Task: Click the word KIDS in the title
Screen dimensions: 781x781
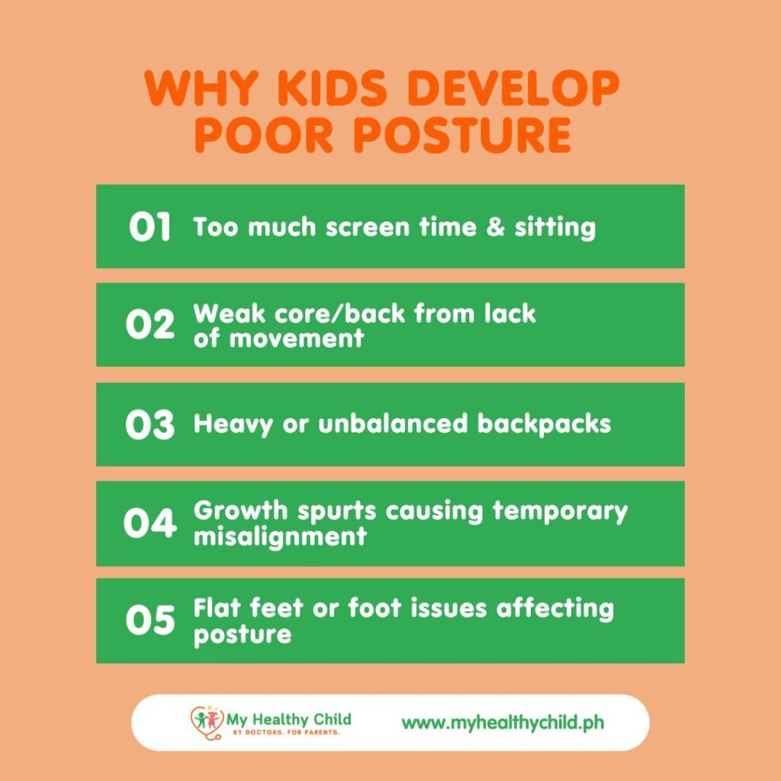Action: click(x=332, y=88)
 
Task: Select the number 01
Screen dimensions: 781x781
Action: click(x=149, y=227)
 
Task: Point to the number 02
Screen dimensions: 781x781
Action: click(x=150, y=324)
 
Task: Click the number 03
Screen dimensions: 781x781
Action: click(x=150, y=425)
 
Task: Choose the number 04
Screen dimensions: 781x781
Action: click(x=150, y=523)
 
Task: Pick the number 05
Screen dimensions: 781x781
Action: click(x=150, y=620)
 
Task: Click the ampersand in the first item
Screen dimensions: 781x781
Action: click(x=495, y=227)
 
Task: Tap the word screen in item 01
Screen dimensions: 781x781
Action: click(x=367, y=228)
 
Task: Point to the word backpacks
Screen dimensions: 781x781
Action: click(x=543, y=425)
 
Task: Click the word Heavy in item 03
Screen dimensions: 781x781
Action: click(x=233, y=425)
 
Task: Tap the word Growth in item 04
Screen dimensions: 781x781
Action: click(x=240, y=510)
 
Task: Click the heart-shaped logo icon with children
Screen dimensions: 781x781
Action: click(x=207, y=722)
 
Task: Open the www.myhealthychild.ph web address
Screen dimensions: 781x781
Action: click(x=503, y=723)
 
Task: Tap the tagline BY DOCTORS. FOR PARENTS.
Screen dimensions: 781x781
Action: click(x=286, y=733)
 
